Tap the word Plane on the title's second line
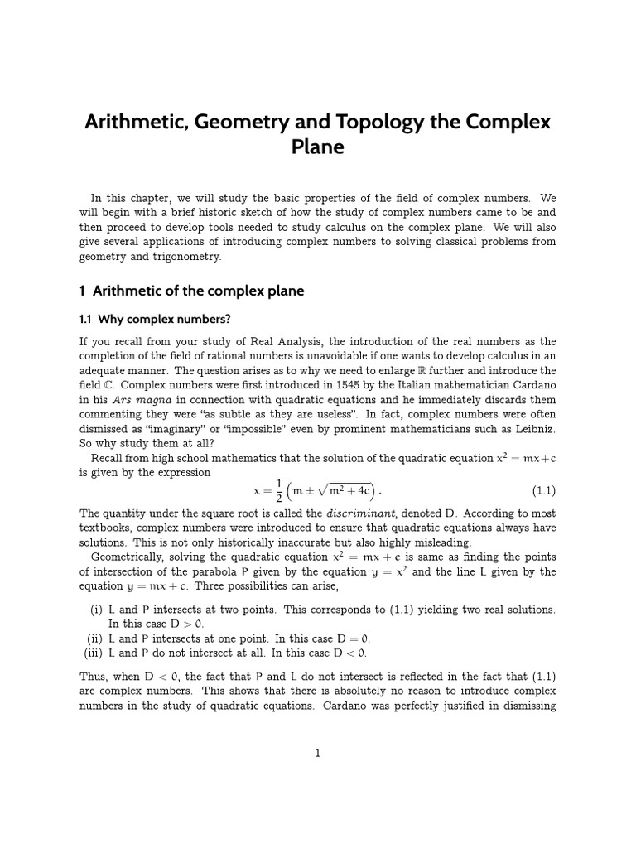click(317, 147)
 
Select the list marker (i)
click(97, 609)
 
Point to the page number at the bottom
click(317, 752)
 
